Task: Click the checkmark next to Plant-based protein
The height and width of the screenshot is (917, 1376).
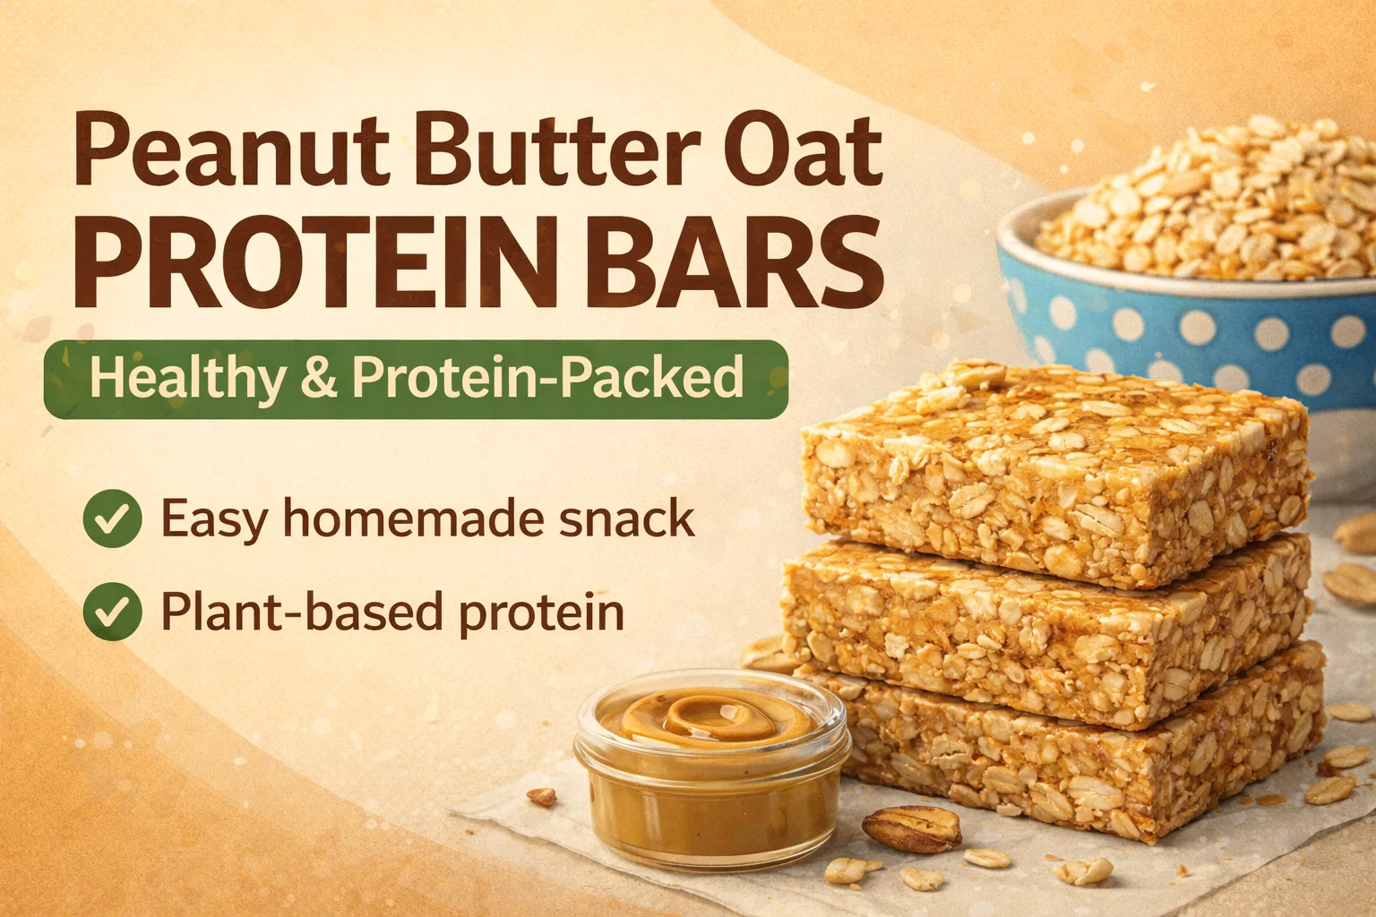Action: (112, 611)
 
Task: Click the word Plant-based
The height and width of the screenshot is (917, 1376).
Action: (301, 611)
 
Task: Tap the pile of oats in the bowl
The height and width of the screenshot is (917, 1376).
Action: (1204, 202)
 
